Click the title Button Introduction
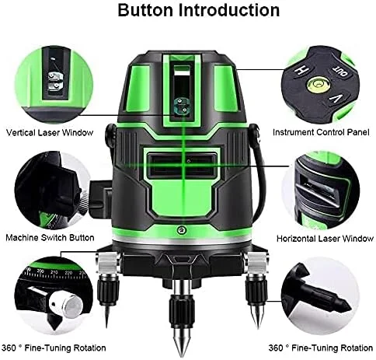199,10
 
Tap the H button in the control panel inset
301,70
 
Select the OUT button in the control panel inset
339,72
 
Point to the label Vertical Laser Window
50,132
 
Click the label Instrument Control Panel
321,132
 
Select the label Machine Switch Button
50,238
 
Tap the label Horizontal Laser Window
325,239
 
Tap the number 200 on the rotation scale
40,271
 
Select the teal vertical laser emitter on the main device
180,107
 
